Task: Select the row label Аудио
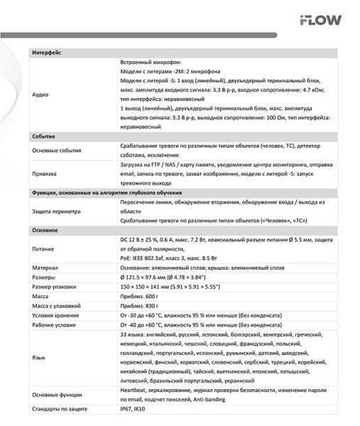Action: tap(40, 94)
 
